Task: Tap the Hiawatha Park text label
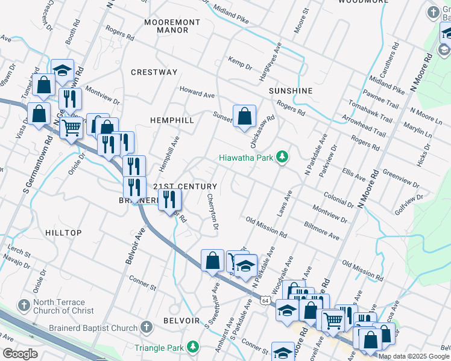pyautogui.click(x=246, y=158)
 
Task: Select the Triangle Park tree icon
pyautogui.click(x=192, y=347)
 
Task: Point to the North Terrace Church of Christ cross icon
pyautogui.click(x=24, y=306)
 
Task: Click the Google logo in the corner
pyautogui.click(x=20, y=354)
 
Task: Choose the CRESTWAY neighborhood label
pyautogui.click(x=154, y=72)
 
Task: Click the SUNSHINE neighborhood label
pyautogui.click(x=291, y=91)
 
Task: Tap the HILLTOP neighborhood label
pyautogui.click(x=63, y=233)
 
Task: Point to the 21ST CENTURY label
pyautogui.click(x=184, y=187)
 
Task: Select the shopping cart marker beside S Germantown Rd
pyautogui.click(x=72, y=128)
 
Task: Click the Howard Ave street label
pyautogui.click(x=197, y=92)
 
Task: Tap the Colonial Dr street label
pyautogui.click(x=338, y=199)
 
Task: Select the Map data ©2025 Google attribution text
pyautogui.click(x=414, y=356)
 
